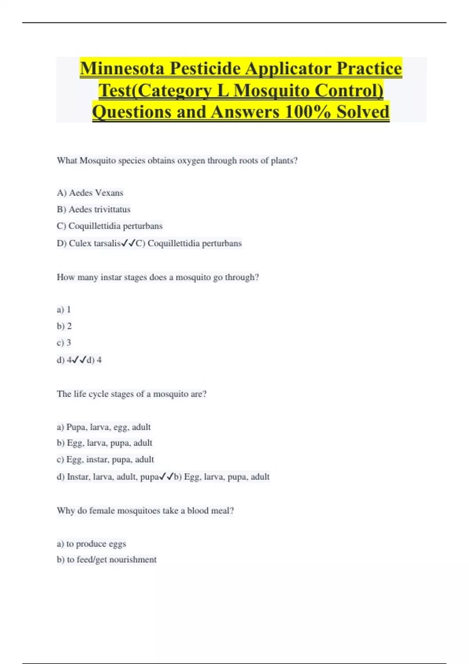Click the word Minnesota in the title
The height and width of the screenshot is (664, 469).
(x=122, y=69)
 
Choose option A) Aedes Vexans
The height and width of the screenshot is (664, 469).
(x=90, y=193)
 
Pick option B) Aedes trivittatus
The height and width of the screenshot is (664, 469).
(x=93, y=209)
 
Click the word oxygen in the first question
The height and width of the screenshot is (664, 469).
(x=191, y=161)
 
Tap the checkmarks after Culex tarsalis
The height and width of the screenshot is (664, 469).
(x=128, y=243)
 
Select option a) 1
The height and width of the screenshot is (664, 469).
(x=64, y=310)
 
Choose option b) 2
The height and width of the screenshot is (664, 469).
(x=64, y=326)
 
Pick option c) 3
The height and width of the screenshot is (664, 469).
(x=64, y=343)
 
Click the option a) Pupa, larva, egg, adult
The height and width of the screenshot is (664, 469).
(x=104, y=427)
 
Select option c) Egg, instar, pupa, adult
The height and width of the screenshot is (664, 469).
(x=105, y=460)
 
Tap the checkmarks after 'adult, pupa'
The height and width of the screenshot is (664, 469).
(x=166, y=477)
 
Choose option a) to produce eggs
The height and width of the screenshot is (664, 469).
(x=91, y=544)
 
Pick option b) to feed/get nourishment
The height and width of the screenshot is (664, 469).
(x=106, y=560)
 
